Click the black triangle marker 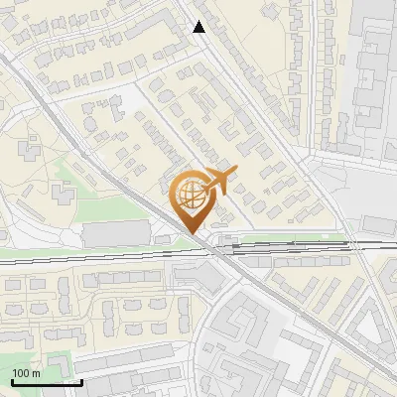pos(199,27)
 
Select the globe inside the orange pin pos(192,194)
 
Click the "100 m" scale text pos(26,373)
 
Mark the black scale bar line pos(47,381)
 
